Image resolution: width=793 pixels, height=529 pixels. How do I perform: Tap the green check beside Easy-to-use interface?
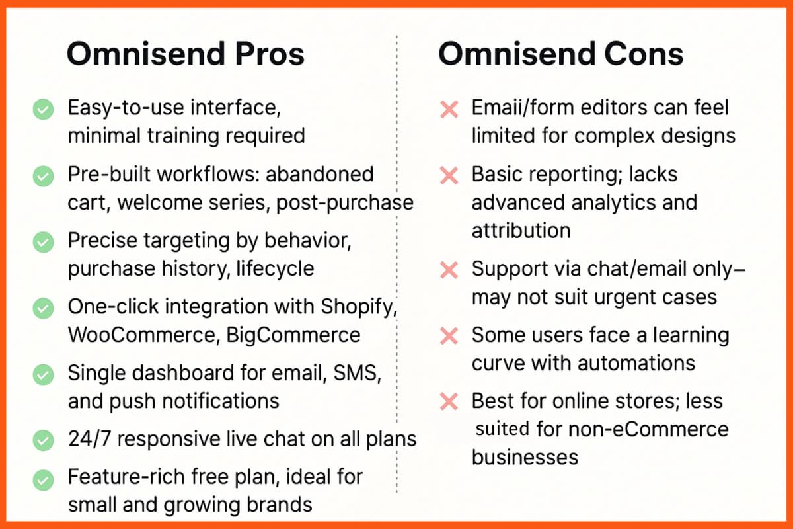click(x=44, y=109)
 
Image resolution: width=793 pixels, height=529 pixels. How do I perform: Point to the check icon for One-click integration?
click(x=44, y=308)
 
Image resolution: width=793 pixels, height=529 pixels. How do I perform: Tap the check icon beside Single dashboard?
click(x=44, y=375)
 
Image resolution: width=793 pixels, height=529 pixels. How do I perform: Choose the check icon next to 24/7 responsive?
click(x=44, y=439)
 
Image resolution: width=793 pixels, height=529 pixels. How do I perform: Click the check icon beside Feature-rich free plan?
click(x=44, y=478)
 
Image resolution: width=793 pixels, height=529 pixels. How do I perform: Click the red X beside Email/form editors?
click(x=449, y=109)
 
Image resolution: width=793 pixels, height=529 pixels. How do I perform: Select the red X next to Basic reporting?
click(x=449, y=176)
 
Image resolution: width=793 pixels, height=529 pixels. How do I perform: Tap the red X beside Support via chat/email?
click(x=449, y=270)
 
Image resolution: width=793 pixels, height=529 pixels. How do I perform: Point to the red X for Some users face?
click(x=449, y=336)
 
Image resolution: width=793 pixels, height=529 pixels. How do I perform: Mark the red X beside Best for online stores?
click(x=449, y=401)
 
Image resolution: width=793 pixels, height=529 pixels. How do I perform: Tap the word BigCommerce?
click(x=293, y=335)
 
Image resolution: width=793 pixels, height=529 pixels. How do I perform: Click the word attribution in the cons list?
click(x=521, y=230)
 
